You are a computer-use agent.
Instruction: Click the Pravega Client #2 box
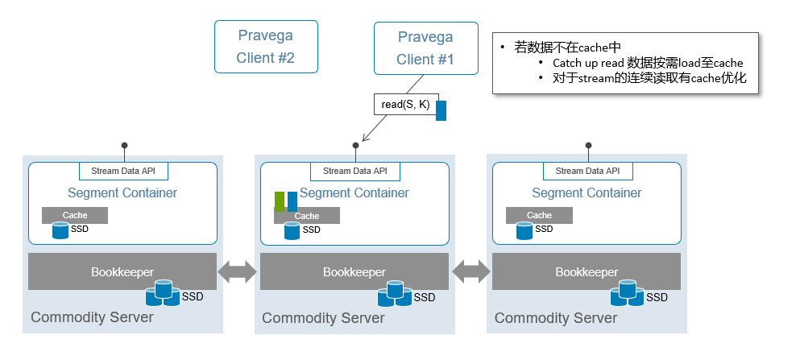coord(265,47)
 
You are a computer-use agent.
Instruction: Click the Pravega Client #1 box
coord(425,47)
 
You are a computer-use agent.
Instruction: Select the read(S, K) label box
coord(404,105)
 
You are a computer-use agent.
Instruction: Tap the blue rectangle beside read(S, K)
coord(441,110)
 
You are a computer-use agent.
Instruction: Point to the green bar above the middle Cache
coord(280,201)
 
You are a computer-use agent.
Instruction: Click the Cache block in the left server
coord(75,216)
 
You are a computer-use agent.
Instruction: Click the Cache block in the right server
coord(539,216)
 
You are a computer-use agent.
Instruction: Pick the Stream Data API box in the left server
coord(123,172)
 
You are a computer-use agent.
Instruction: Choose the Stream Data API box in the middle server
coord(354,172)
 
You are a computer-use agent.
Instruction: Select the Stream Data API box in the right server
coord(587,172)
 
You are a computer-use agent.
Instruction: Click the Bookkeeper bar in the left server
coord(122,272)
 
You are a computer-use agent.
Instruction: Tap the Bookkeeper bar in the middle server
coord(354,272)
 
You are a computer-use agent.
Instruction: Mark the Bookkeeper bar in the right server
coord(587,272)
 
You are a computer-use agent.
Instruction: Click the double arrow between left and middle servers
coord(238,272)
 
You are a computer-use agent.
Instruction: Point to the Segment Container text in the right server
coord(587,193)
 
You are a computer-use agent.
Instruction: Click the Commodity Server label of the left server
coord(92,317)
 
